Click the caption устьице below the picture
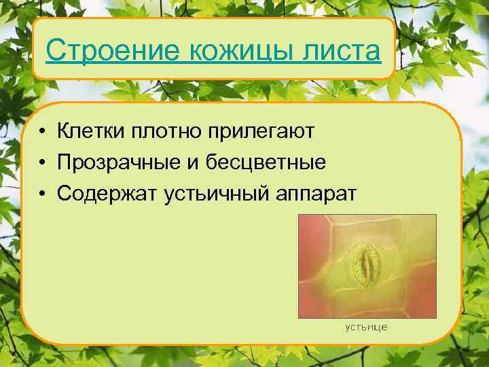click(366, 328)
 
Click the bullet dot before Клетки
click(42, 130)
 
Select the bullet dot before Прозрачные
click(42, 163)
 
